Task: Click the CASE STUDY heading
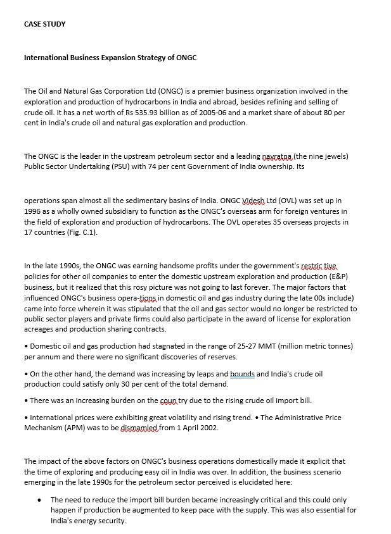tap(44, 24)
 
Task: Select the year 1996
tap(33, 211)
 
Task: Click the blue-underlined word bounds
tap(241, 374)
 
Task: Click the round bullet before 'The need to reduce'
tap(39, 499)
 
